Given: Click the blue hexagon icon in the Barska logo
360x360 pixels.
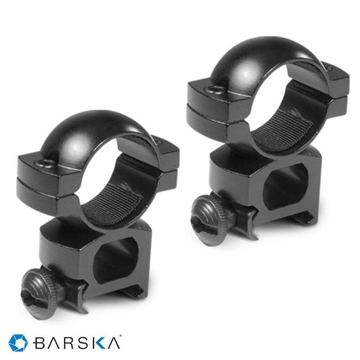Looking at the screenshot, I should click(x=19, y=343).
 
